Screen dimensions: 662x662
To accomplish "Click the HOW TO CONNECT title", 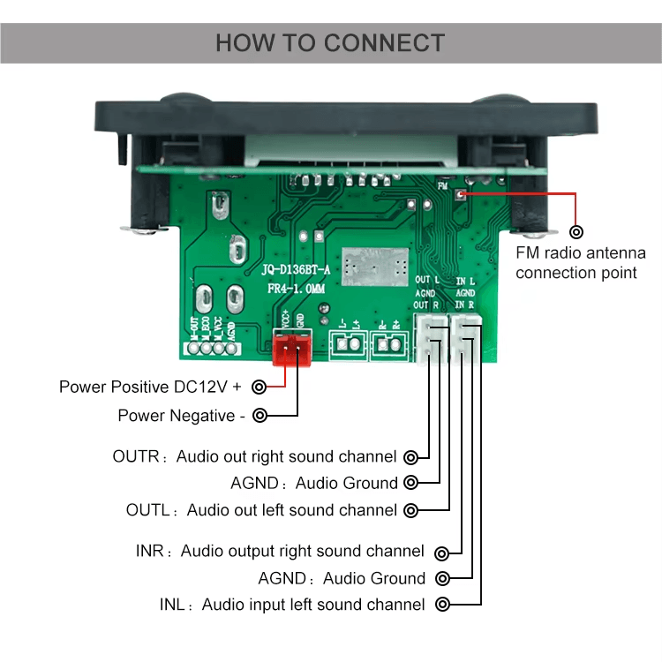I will coord(330,42).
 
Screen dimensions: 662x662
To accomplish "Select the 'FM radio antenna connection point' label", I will coord(580,263).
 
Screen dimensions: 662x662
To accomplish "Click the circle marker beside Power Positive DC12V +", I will coord(259,387).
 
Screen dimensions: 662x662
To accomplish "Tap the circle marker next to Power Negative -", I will coord(260,415).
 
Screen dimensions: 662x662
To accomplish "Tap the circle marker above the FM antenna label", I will coord(576,232).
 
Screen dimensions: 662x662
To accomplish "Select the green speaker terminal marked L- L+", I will coord(348,346).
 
